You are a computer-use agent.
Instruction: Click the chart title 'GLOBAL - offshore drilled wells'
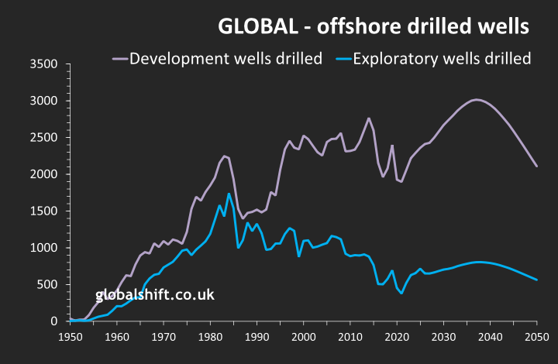(x=374, y=26)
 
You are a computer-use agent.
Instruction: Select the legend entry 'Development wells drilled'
(x=226, y=59)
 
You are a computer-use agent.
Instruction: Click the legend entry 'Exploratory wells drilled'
(x=442, y=59)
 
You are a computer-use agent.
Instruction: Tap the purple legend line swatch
(x=120, y=59)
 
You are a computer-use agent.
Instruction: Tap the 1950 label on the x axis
(x=70, y=337)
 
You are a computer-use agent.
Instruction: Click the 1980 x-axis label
(x=210, y=337)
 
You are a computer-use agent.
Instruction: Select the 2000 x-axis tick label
(x=303, y=337)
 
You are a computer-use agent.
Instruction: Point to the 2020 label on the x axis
(x=396, y=337)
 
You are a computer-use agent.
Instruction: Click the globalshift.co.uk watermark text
(x=154, y=295)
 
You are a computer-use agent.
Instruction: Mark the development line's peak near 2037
(x=476, y=99)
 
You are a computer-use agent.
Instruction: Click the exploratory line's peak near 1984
(x=229, y=194)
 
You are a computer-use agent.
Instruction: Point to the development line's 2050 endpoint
(x=536, y=167)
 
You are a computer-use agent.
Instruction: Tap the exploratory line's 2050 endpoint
(x=536, y=280)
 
